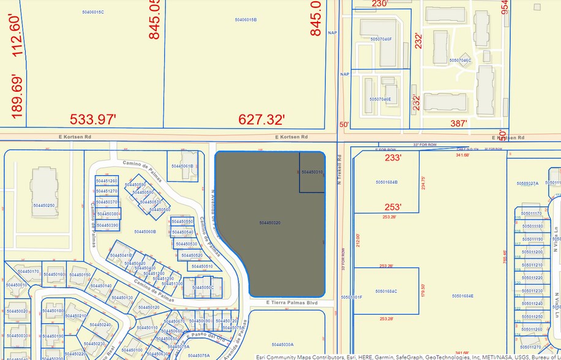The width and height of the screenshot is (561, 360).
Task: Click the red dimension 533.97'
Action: [92, 119]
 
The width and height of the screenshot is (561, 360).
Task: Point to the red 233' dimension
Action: [392, 157]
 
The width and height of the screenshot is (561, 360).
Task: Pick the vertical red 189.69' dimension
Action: [17, 96]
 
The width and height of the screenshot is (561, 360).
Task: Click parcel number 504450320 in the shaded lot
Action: [269, 223]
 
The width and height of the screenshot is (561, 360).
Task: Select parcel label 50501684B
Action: [386, 182]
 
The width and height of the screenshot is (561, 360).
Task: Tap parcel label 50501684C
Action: [386, 291]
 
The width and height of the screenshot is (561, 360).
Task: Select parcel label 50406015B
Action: [246, 20]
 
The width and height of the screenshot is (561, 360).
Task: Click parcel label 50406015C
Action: [92, 12]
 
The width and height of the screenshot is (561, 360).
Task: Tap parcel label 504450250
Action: [44, 206]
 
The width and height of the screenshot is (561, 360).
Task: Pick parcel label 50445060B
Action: [146, 231]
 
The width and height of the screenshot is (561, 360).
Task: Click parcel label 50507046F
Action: [380, 39]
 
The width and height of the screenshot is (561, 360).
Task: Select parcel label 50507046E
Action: [380, 99]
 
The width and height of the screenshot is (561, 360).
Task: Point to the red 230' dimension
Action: [380, 4]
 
